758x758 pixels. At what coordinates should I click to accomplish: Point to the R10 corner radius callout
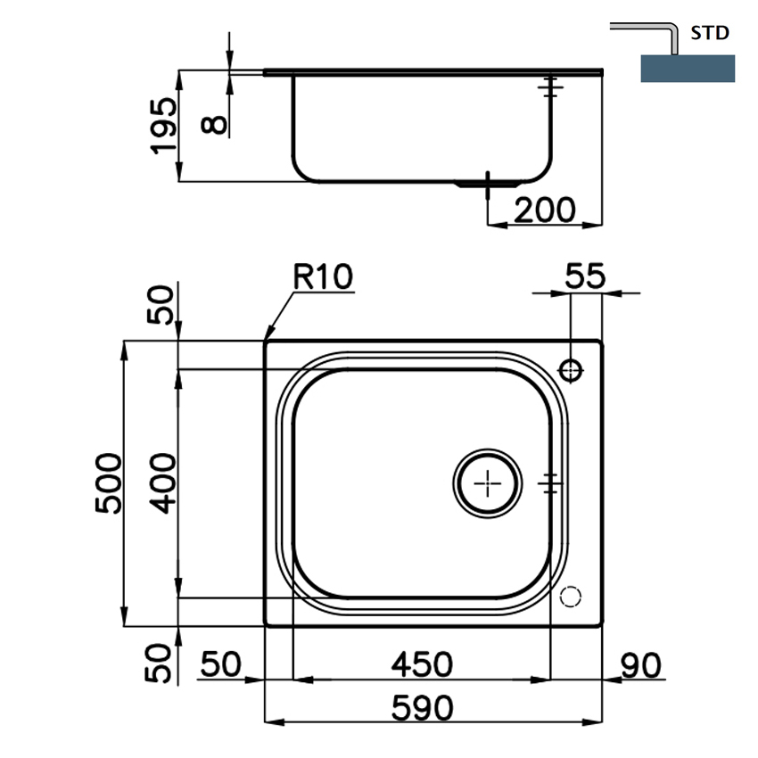tap(323, 277)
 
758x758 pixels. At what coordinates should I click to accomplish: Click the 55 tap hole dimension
tap(586, 276)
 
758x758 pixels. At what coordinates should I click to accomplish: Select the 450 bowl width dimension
tap(422, 664)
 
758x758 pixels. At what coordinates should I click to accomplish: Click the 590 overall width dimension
tap(422, 708)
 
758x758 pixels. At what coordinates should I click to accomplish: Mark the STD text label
tap(711, 34)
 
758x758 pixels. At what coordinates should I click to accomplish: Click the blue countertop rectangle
tap(688, 69)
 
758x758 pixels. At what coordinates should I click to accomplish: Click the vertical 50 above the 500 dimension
tap(164, 305)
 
